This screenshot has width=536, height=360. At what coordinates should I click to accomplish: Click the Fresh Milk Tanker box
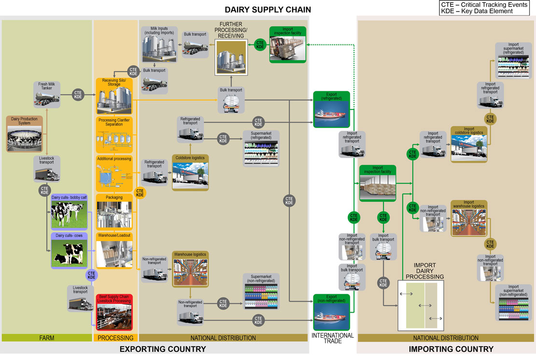click(x=46, y=95)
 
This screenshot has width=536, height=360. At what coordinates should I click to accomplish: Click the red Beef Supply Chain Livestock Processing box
click(x=114, y=312)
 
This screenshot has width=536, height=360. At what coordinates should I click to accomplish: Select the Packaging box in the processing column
click(x=114, y=211)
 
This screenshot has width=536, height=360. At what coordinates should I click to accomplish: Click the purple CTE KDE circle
click(x=92, y=275)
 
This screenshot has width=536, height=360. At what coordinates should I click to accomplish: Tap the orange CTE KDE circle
click(x=140, y=193)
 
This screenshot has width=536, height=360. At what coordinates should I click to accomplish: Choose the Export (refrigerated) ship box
click(x=331, y=109)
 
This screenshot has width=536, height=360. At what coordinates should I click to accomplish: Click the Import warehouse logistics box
click(x=469, y=218)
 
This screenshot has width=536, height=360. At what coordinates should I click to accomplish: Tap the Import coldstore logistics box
click(x=469, y=144)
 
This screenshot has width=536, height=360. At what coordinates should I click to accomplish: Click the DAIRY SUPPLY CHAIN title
click(x=268, y=10)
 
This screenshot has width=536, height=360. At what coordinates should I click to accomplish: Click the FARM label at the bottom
click(x=46, y=338)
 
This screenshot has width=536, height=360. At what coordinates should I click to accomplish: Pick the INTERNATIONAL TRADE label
click(x=332, y=338)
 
